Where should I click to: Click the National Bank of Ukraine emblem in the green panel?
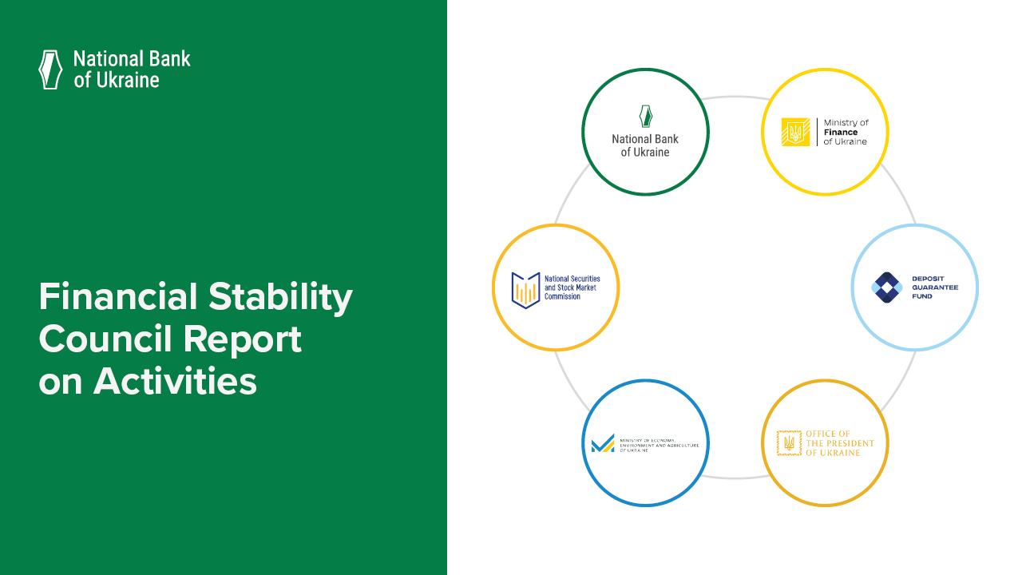[x=50, y=69]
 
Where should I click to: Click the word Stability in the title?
[x=280, y=297]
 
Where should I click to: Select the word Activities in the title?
[x=175, y=382]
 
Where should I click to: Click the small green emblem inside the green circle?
[x=645, y=117]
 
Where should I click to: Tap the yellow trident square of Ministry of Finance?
[x=795, y=132]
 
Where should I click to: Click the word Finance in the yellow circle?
[x=840, y=133]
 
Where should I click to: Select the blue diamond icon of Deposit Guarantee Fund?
[x=885, y=287]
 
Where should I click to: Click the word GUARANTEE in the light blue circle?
[x=935, y=287]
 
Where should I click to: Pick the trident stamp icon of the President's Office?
[x=789, y=442]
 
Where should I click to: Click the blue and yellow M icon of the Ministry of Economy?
[x=603, y=443]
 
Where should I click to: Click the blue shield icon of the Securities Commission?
[x=526, y=288]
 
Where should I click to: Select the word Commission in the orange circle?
[x=562, y=296]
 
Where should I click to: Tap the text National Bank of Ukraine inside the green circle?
[x=645, y=145]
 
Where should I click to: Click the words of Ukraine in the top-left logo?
[x=117, y=80]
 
